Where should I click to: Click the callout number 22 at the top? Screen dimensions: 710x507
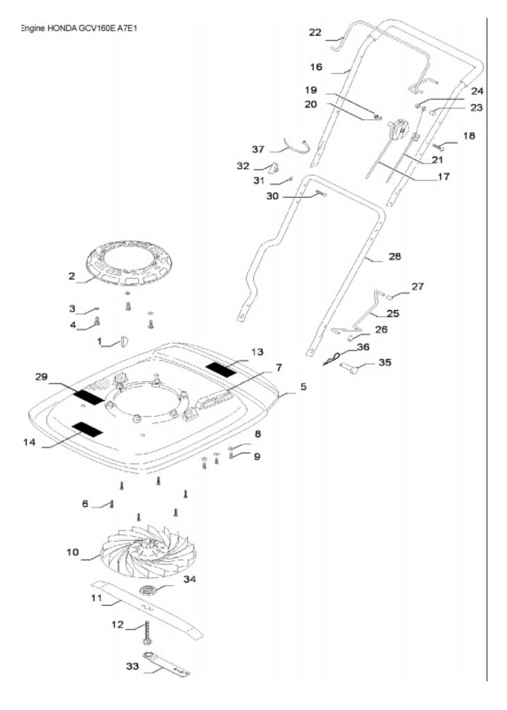tap(315, 33)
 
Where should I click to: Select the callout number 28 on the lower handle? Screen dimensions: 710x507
tap(395, 257)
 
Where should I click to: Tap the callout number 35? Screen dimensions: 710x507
tap(384, 363)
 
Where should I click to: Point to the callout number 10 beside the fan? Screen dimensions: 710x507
tap(73, 553)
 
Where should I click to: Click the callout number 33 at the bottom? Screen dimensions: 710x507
tap(131, 666)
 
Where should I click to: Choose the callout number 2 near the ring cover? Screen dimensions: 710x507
tap(71, 276)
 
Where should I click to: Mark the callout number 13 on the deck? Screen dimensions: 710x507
tap(257, 352)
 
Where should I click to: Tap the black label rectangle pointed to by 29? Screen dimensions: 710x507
tap(89, 397)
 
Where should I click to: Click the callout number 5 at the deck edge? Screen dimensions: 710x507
tap(303, 386)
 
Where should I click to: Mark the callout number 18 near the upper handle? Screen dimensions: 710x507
tap(470, 136)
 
